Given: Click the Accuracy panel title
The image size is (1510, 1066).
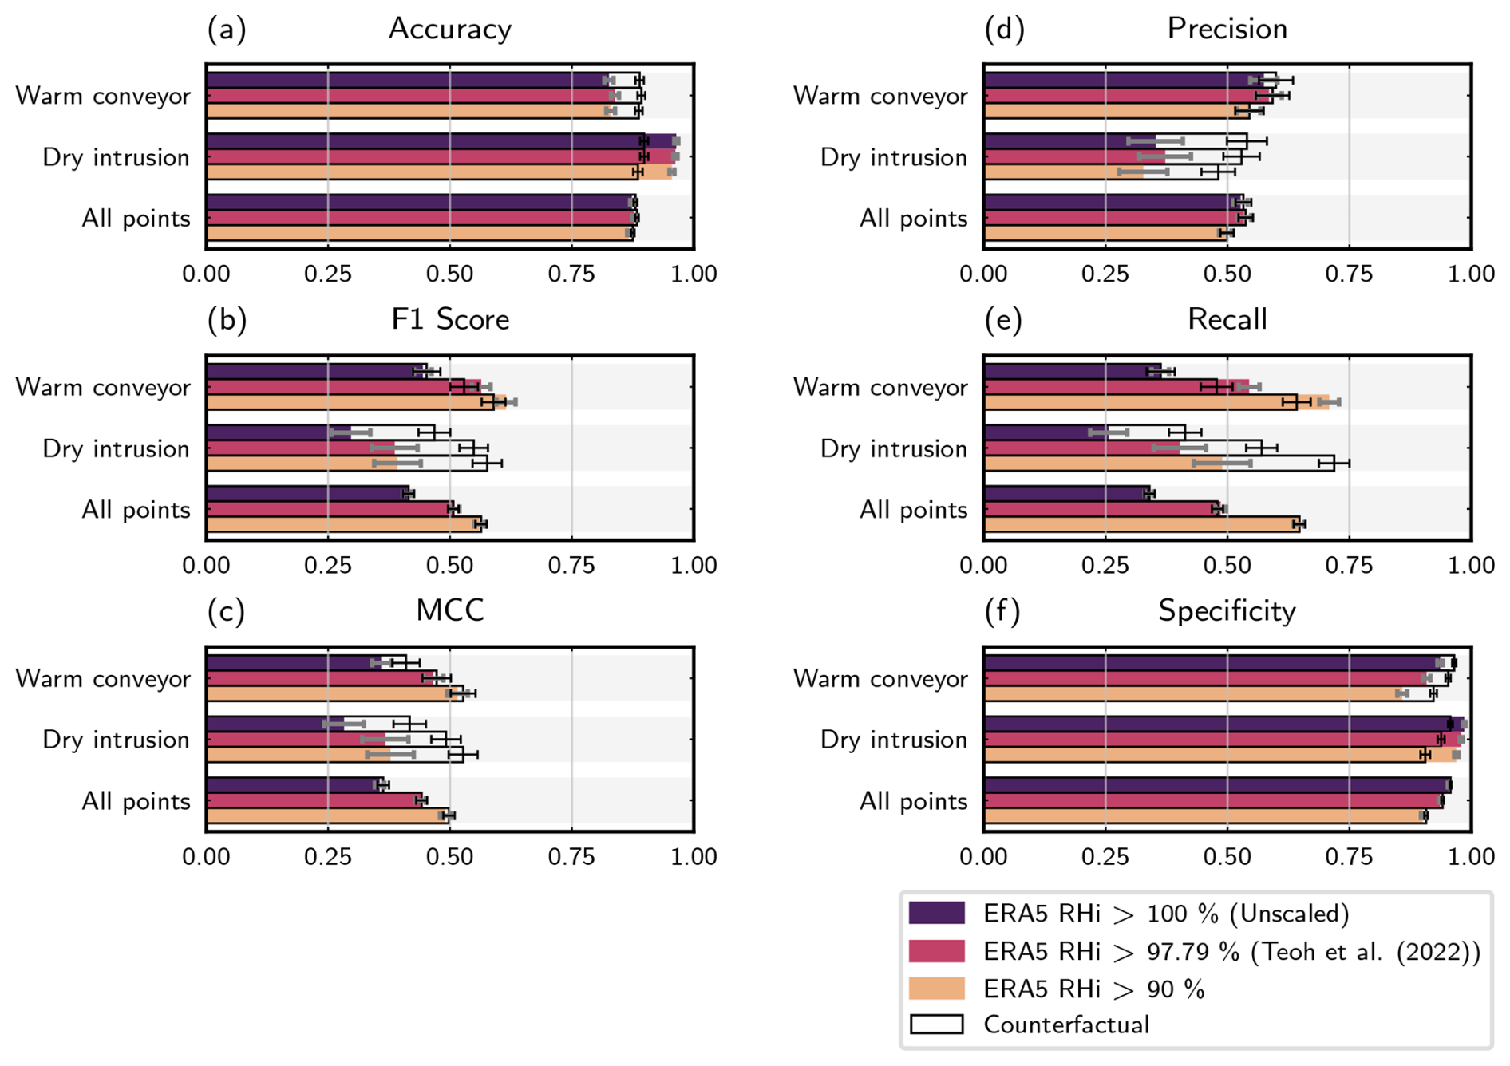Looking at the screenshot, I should (449, 29).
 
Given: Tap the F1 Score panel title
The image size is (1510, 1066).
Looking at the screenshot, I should (449, 319).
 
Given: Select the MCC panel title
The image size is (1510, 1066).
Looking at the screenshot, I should (449, 610).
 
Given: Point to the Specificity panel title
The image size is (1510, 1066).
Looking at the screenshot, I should (1227, 610).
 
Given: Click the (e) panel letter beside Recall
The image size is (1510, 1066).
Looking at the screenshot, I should (1004, 319).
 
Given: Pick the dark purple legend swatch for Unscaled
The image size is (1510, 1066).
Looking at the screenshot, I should (937, 913).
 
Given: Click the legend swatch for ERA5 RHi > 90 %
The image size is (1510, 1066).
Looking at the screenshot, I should (937, 989).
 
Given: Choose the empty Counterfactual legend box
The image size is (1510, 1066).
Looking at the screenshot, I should (937, 1025).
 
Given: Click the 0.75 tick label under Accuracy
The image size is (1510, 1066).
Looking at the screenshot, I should (571, 274).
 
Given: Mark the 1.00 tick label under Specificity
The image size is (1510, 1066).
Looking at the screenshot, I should (1471, 856).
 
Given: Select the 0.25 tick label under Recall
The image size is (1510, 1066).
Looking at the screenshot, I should (1105, 565).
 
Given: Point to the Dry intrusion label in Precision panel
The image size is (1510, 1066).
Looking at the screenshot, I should (894, 157).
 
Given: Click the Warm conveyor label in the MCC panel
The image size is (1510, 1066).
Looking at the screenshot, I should (103, 678).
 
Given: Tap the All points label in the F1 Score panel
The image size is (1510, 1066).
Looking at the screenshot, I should (136, 509).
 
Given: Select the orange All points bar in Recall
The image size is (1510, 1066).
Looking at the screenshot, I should (1141, 524).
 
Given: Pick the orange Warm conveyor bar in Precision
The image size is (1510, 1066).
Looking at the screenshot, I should (1109, 111).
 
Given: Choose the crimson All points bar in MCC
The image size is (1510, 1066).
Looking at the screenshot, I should (311, 800).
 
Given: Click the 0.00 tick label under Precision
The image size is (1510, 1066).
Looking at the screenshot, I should (983, 274).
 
